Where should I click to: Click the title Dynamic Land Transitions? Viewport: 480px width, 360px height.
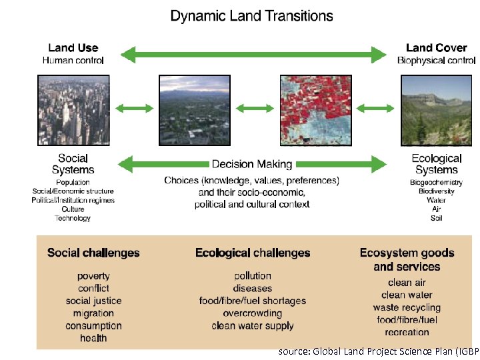point(251,16)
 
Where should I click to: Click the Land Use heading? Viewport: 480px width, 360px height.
point(73,47)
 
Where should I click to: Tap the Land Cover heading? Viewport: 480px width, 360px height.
point(436,47)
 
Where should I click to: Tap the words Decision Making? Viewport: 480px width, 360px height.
point(252,164)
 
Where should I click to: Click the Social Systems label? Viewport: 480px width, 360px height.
point(73,164)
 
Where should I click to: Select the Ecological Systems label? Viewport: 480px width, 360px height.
point(436,164)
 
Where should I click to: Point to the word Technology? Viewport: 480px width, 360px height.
point(73,218)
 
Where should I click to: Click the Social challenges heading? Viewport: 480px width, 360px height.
point(93,253)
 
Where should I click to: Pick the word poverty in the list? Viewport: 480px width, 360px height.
point(93,276)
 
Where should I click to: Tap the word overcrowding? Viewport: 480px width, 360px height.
point(253,313)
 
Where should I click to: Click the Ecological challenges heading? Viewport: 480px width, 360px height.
point(253,253)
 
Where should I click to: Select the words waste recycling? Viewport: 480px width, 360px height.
point(407,307)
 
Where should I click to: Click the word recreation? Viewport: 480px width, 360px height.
point(407,332)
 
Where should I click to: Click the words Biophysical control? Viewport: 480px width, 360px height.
point(436,61)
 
